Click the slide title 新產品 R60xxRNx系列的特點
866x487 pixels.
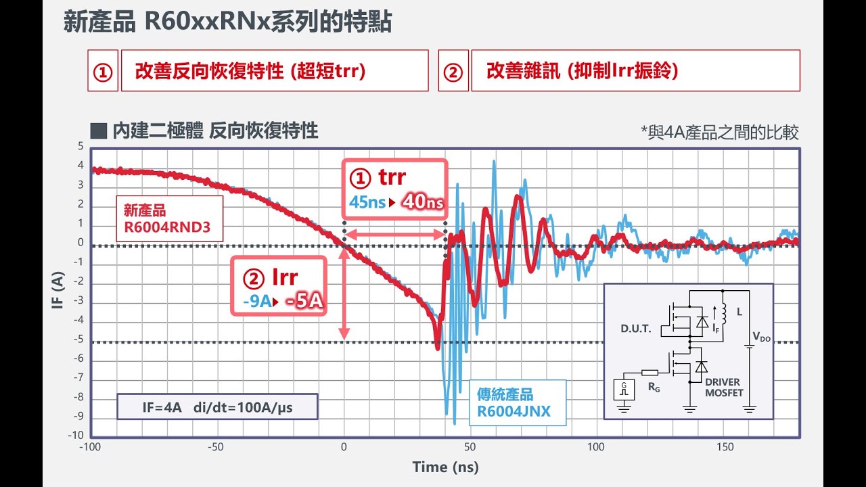coord(227,22)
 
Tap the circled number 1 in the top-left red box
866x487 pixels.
coord(103,71)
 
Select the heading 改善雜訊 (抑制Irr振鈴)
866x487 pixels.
coord(582,71)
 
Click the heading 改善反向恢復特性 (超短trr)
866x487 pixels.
coord(250,71)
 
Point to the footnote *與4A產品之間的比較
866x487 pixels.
coord(720,133)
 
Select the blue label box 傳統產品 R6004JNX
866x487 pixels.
coord(518,402)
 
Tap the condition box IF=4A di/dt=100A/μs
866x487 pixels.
coord(217,408)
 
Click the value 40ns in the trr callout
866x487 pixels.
coord(424,202)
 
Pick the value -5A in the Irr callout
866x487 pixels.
coord(304,300)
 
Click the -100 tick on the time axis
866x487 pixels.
coord(91,447)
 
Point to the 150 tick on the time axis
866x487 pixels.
coord(724,447)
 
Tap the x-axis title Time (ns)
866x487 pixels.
coord(445,467)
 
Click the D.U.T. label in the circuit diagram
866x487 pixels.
coord(635,329)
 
